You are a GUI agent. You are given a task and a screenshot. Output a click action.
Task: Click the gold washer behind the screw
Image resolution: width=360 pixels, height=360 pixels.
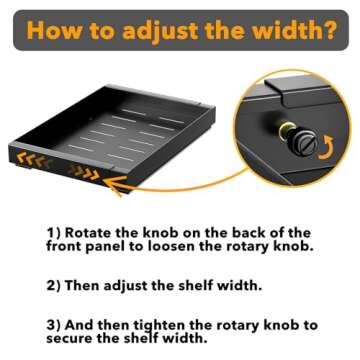(x=287, y=133)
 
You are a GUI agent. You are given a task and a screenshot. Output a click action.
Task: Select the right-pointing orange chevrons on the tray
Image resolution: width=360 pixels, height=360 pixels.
(x=84, y=171)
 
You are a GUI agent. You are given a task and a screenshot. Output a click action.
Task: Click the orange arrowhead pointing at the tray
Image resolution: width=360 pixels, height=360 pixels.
(x=114, y=185)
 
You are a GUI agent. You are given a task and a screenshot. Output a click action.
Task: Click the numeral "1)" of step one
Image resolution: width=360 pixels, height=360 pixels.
(x=53, y=232)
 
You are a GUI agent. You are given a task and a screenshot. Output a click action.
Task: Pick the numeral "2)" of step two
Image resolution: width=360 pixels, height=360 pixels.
(x=53, y=286)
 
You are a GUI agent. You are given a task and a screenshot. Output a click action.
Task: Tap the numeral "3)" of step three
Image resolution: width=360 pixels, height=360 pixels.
(x=53, y=325)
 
